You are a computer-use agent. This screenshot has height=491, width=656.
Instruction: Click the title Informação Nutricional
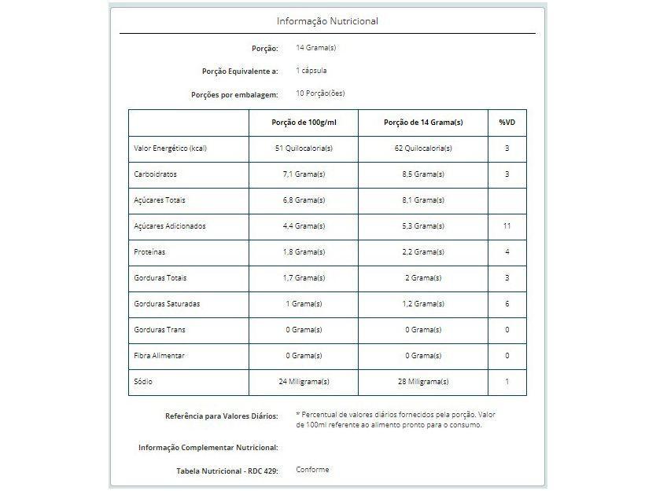(x=327, y=21)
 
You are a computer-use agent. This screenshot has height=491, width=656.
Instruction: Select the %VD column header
(x=507, y=123)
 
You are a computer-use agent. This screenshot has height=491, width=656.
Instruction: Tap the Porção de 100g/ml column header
(x=303, y=123)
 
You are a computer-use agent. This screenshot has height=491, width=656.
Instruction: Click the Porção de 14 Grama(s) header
(x=422, y=123)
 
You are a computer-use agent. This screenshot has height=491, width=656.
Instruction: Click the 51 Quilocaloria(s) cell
(x=303, y=148)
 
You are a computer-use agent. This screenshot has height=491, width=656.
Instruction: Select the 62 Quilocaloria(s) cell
(x=422, y=148)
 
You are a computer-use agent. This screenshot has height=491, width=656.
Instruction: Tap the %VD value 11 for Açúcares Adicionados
(x=507, y=226)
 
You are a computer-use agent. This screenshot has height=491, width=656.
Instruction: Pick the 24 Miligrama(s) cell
(x=303, y=382)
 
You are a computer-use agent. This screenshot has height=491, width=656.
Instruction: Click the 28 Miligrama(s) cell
(x=422, y=382)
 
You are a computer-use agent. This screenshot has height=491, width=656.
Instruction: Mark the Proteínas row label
(x=150, y=252)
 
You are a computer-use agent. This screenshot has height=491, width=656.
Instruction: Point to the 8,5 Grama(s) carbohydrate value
(x=422, y=174)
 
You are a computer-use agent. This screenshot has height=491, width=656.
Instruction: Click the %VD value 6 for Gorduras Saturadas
(x=507, y=304)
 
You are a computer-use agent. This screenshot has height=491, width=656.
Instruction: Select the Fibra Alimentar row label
(x=160, y=356)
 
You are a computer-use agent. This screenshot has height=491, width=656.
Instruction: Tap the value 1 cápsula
(x=311, y=71)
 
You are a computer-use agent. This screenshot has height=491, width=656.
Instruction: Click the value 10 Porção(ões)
(x=320, y=93)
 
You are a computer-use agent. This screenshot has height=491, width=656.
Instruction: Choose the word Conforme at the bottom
(x=312, y=470)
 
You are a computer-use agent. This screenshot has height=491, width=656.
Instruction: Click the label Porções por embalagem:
(x=234, y=94)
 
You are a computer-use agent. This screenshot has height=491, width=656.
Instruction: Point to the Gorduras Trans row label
(x=160, y=330)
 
